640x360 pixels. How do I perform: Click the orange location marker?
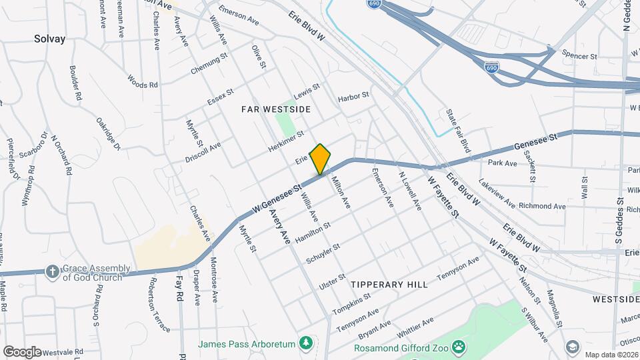(x=321, y=159)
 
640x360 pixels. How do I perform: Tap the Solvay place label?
(x=50, y=39)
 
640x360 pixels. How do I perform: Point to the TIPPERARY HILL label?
(x=389, y=284)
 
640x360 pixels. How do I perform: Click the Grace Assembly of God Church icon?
(x=52, y=271)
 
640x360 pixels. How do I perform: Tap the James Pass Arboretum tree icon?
(x=306, y=343)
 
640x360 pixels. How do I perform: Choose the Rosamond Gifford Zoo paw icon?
(x=458, y=346)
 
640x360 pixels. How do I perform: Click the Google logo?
(x=22, y=351)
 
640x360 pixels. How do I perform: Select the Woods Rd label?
(x=142, y=85)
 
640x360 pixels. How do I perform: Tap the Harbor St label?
(x=353, y=97)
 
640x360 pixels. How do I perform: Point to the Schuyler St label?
(x=323, y=253)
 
